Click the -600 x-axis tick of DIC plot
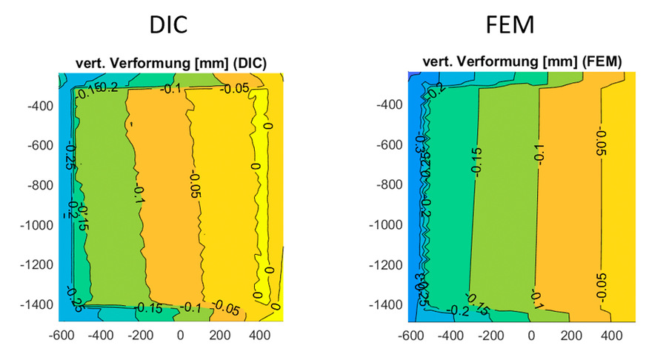click(x=60, y=335)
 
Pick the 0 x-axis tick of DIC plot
click(x=179, y=335)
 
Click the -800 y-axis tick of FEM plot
click(x=385, y=184)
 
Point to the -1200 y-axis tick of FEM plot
click(x=382, y=264)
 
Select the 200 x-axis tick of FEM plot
click(x=571, y=335)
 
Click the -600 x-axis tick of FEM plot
click(x=412, y=335)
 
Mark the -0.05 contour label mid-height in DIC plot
click(x=195, y=185)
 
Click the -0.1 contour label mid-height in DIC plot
click(x=138, y=196)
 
